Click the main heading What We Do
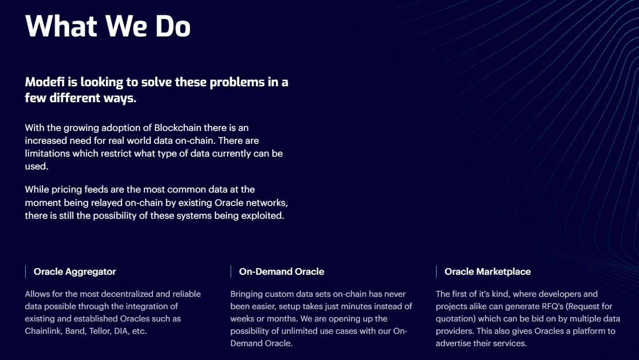click(108, 26)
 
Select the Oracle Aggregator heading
click(74, 272)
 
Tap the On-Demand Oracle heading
click(281, 272)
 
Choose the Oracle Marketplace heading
click(487, 272)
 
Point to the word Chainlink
click(44, 331)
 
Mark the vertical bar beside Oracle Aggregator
click(25, 272)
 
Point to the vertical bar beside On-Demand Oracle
click(231, 272)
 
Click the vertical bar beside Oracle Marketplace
click(436, 272)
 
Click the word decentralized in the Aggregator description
click(127, 294)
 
